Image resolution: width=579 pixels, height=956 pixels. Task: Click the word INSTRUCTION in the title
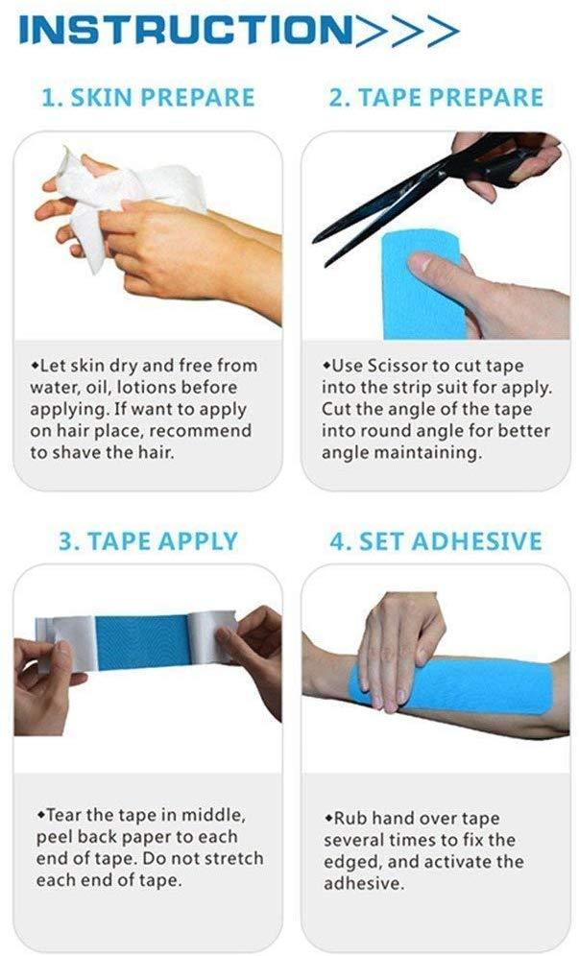tap(186, 30)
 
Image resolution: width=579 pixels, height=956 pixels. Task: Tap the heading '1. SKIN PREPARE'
tap(148, 98)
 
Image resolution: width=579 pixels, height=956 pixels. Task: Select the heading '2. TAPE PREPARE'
tap(436, 98)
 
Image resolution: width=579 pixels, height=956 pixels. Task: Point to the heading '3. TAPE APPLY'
tap(148, 540)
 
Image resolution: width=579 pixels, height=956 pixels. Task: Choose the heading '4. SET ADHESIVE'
tap(436, 540)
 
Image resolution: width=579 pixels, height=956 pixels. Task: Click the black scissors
tap(427, 183)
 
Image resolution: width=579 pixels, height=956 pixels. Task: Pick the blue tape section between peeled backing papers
tap(143, 642)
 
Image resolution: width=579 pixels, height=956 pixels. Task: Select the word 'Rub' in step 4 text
tap(350, 818)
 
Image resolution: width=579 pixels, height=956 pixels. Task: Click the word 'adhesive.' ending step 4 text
tap(364, 883)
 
